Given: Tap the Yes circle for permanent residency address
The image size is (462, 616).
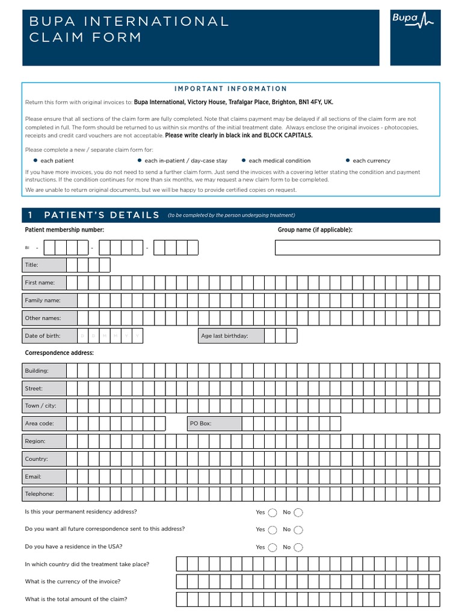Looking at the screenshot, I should [273, 513].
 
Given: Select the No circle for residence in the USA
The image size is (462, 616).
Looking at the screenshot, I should [298, 547].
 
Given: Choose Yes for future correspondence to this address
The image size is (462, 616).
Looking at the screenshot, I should [273, 530].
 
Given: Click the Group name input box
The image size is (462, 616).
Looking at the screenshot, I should [357, 247].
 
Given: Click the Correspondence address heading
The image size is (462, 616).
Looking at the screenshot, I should [59, 353].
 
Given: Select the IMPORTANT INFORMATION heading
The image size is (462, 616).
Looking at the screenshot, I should [230, 88].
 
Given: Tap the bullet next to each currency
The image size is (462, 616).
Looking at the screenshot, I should [348, 161].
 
